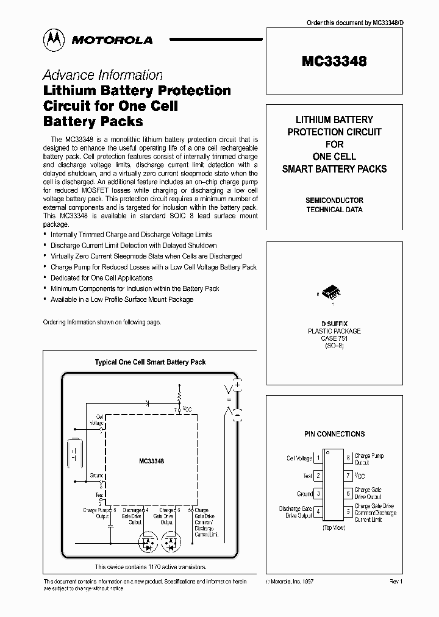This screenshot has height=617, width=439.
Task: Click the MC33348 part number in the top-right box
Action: [334, 61]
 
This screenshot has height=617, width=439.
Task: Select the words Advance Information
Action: [102, 75]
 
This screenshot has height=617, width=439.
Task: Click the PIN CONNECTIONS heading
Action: [334, 434]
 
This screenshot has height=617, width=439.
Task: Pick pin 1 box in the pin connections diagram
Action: [319, 458]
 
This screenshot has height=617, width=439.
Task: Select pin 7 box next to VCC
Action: [348, 475]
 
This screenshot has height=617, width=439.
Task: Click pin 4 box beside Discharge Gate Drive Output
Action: [319, 512]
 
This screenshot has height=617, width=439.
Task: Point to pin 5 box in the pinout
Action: [348, 512]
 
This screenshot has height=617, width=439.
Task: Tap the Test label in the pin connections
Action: [308, 476]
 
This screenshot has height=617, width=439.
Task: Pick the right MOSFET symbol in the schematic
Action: [172, 540]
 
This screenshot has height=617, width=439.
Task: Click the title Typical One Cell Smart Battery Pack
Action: [150, 362]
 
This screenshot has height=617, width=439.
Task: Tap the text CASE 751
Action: [334, 338]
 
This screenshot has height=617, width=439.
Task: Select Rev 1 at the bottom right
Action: [396, 582]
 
